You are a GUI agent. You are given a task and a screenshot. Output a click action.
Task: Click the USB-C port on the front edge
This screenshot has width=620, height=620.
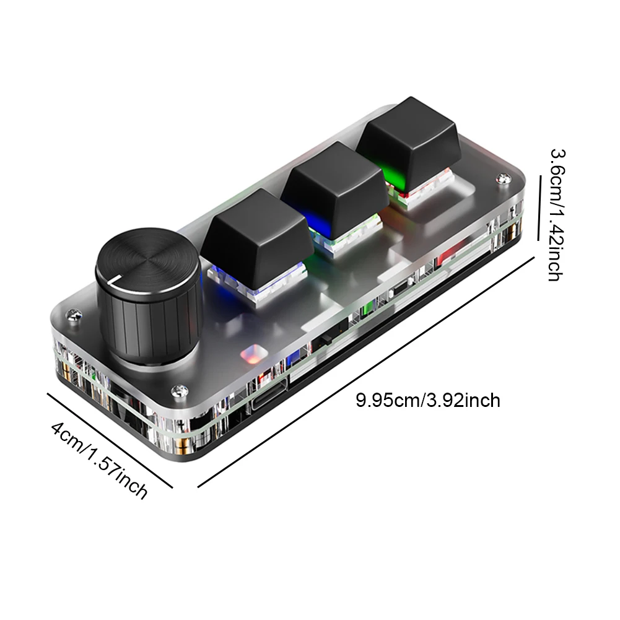[268, 406]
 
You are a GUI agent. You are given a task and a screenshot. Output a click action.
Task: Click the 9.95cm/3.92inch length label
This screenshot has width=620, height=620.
[427, 400]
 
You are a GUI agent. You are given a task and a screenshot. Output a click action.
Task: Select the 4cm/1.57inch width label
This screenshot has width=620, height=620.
[99, 460]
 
